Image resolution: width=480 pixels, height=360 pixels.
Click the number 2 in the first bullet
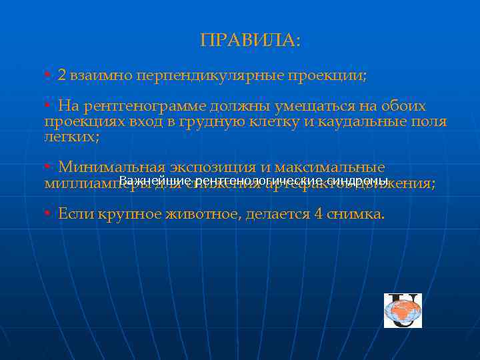click(x=62, y=75)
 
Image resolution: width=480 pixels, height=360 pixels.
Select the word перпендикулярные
click(x=209, y=75)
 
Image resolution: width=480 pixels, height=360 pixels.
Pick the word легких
click(x=70, y=137)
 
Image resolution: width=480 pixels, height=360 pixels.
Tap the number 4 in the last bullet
click(x=317, y=214)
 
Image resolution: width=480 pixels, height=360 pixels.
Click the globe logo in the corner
click(x=403, y=311)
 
